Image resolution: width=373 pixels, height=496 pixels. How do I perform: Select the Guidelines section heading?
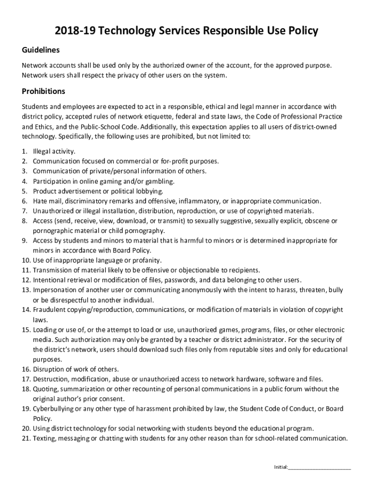pos(41,50)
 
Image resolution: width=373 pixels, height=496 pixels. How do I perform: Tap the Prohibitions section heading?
pos(44,91)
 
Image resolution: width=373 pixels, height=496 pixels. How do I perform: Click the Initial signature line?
pos(319,467)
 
